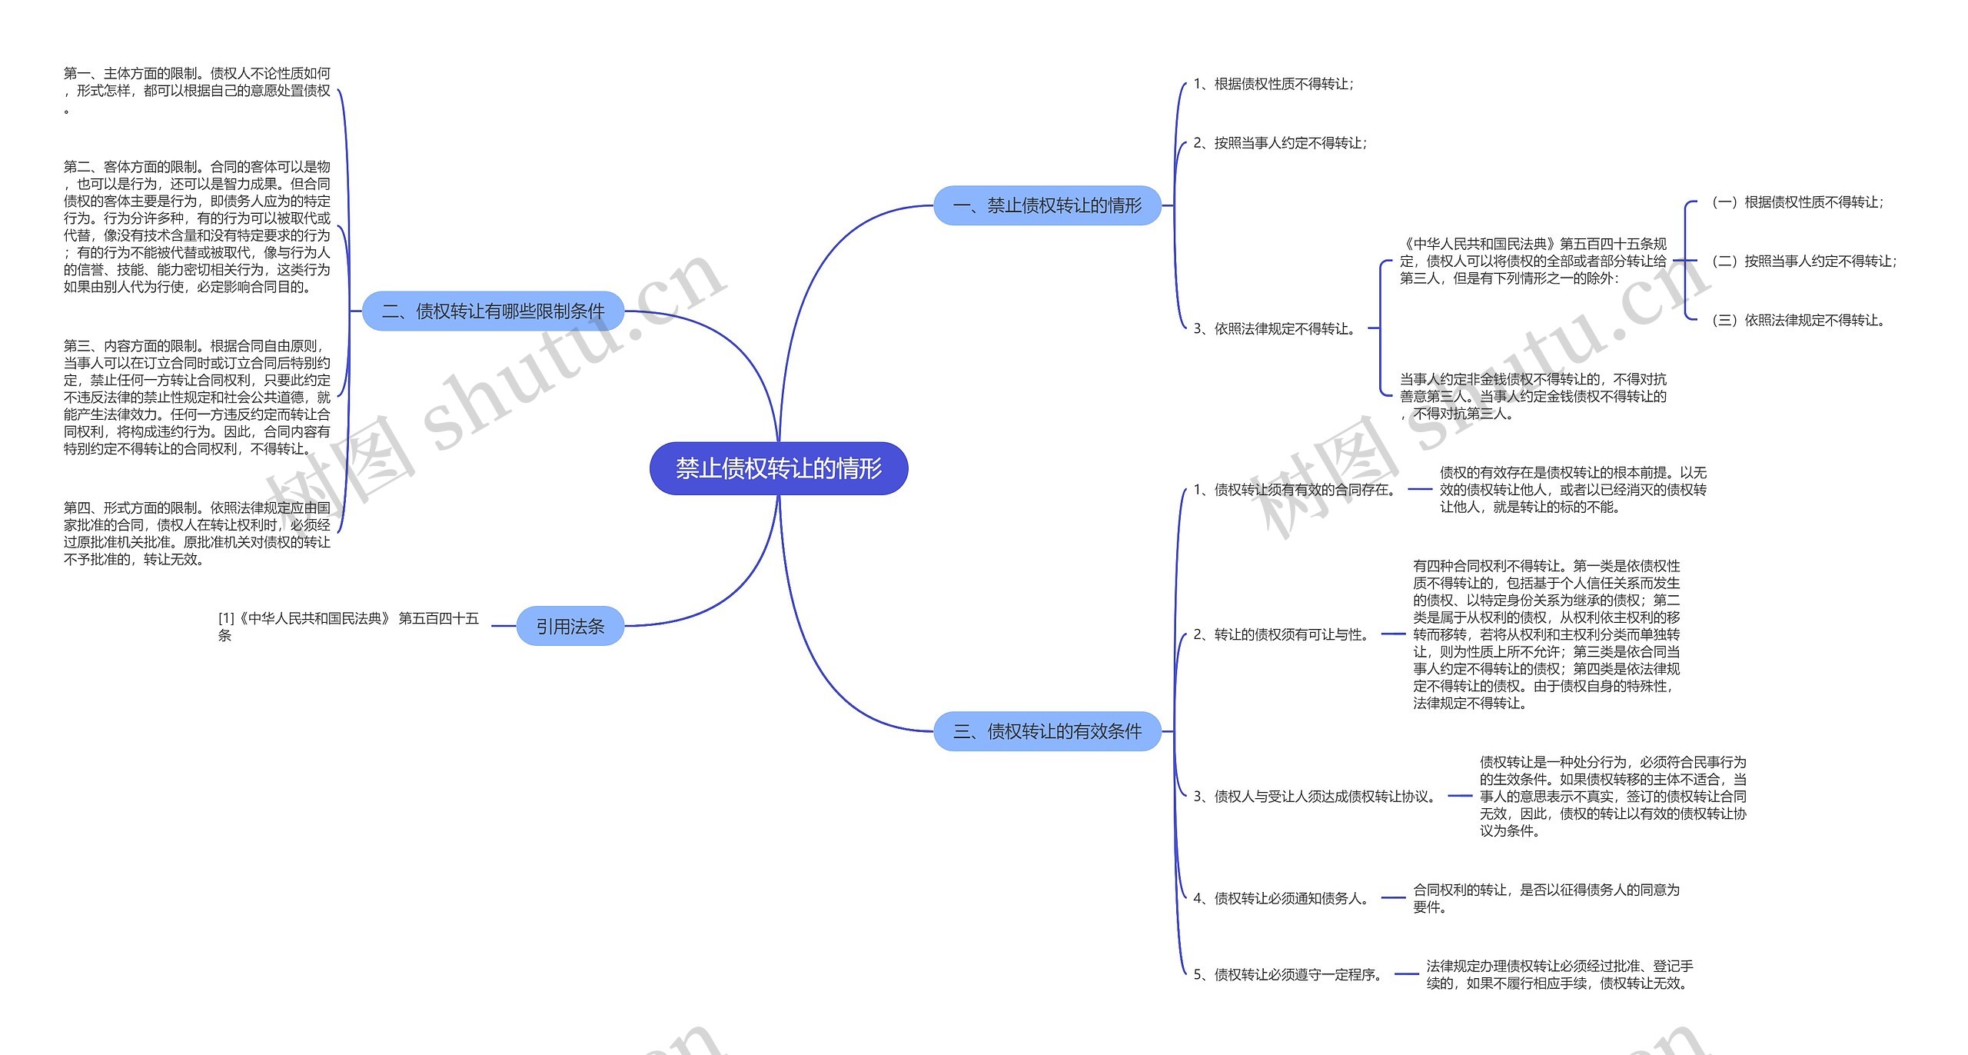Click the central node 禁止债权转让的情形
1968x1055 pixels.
(x=779, y=468)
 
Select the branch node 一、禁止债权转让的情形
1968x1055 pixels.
(x=1047, y=205)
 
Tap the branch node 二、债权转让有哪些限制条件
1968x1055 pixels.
(x=493, y=311)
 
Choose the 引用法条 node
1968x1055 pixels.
(x=570, y=626)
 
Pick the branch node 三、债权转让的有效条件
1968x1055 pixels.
(x=1047, y=731)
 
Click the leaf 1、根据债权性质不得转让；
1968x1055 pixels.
(x=1273, y=84)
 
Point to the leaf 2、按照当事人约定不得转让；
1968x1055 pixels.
(x=1280, y=143)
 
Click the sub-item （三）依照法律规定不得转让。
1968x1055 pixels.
(x=1798, y=320)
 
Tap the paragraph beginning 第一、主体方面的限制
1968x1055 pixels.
(x=197, y=91)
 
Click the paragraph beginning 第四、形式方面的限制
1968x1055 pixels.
(x=197, y=533)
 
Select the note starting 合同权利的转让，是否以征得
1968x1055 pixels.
(x=1546, y=898)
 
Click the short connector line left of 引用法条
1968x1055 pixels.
(x=504, y=626)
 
